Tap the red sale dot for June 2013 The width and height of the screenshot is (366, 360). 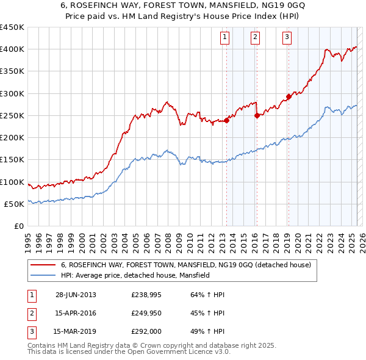(x=226, y=120)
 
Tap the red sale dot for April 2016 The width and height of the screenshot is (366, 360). (x=257, y=115)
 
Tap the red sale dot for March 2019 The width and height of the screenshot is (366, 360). (x=289, y=96)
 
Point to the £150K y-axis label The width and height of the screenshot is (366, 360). (x=12, y=159)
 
